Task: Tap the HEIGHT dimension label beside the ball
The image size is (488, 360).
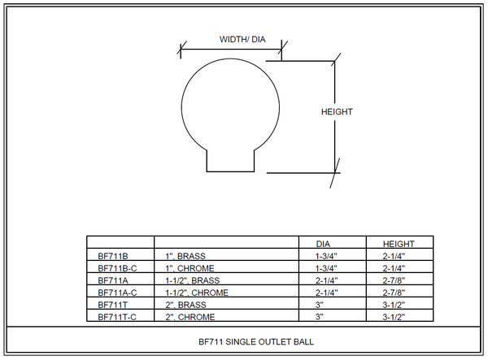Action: click(x=337, y=111)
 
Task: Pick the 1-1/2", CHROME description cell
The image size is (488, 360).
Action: click(x=195, y=292)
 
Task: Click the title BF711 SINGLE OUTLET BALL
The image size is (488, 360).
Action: click(x=244, y=342)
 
